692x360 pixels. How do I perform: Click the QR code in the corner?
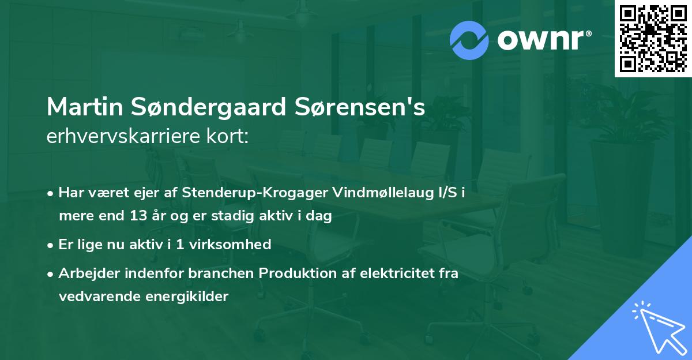tap(653, 38)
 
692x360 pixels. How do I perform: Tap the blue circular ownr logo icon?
tap(469, 40)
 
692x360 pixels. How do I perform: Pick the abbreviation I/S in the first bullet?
tap(447, 193)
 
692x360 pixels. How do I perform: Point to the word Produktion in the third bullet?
tap(297, 273)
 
